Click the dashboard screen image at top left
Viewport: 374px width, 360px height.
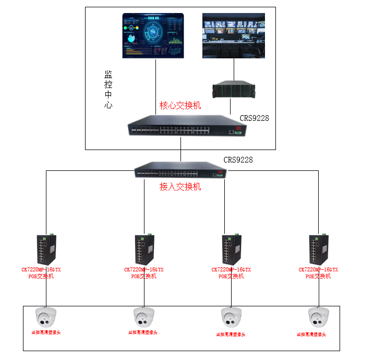[x=154, y=35]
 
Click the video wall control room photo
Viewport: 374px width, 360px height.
[x=233, y=35]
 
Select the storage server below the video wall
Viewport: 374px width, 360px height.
[x=234, y=89]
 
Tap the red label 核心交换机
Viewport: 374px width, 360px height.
[x=180, y=106]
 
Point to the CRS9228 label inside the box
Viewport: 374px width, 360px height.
[x=254, y=118]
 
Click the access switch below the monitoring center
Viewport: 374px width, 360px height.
[x=179, y=170]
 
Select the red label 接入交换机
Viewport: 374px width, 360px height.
[x=180, y=187]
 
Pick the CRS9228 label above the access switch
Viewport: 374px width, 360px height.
[x=238, y=160]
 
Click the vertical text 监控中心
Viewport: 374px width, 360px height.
[x=108, y=90]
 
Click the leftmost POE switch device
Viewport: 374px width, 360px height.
[x=46, y=250]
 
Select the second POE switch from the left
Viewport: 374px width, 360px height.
[x=143, y=250]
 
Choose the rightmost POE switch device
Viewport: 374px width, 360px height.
[x=318, y=250]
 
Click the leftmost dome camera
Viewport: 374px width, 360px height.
[x=45, y=317]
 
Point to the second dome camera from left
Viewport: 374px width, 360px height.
[x=143, y=317]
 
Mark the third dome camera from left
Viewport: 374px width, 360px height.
[x=231, y=317]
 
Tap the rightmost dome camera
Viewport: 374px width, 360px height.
[x=318, y=317]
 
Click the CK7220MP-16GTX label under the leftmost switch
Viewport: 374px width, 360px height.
[x=41, y=270]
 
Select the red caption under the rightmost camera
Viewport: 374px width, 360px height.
[x=311, y=334]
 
